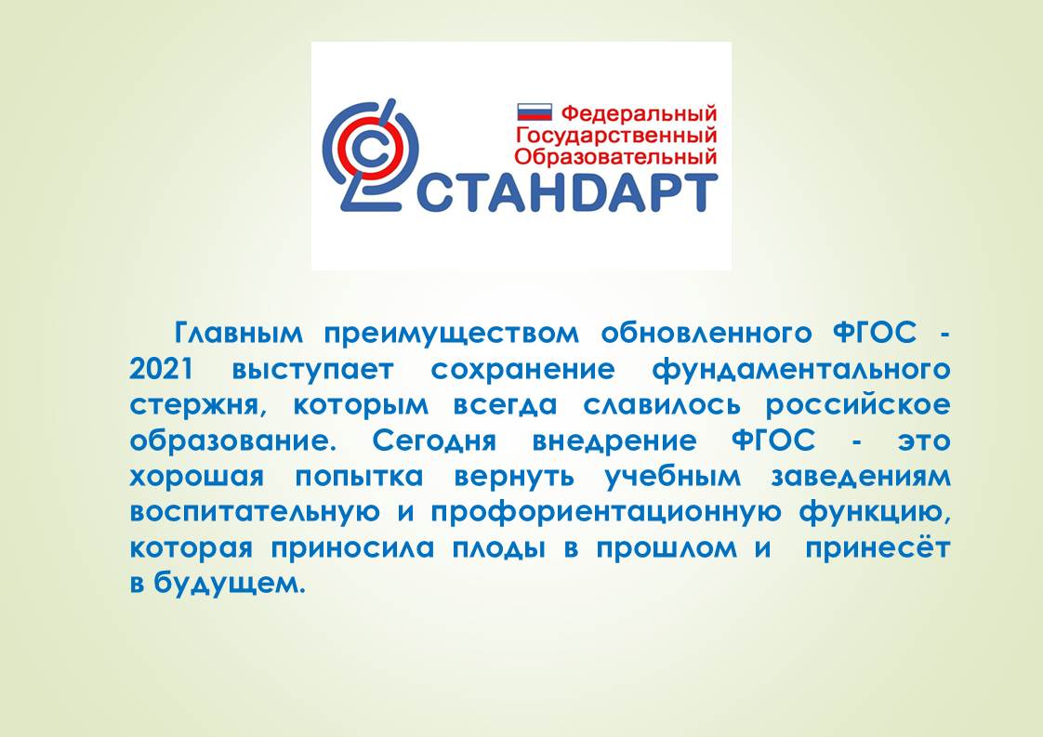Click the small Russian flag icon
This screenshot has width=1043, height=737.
point(535,112)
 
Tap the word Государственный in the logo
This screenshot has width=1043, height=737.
point(616,135)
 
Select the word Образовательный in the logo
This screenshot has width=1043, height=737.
point(616,156)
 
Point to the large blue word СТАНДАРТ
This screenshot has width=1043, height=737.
point(566,193)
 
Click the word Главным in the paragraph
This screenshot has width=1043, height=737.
point(238,332)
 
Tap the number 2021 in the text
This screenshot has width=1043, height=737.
point(162,368)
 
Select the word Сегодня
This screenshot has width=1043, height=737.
point(434,441)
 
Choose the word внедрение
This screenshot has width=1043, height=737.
point(614,441)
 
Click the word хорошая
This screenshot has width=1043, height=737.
point(197,477)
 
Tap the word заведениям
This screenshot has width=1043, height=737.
point(861,477)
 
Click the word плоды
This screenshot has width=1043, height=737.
point(499,549)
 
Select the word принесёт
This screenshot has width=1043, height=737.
point(878,548)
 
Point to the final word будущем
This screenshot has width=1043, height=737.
point(230,584)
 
